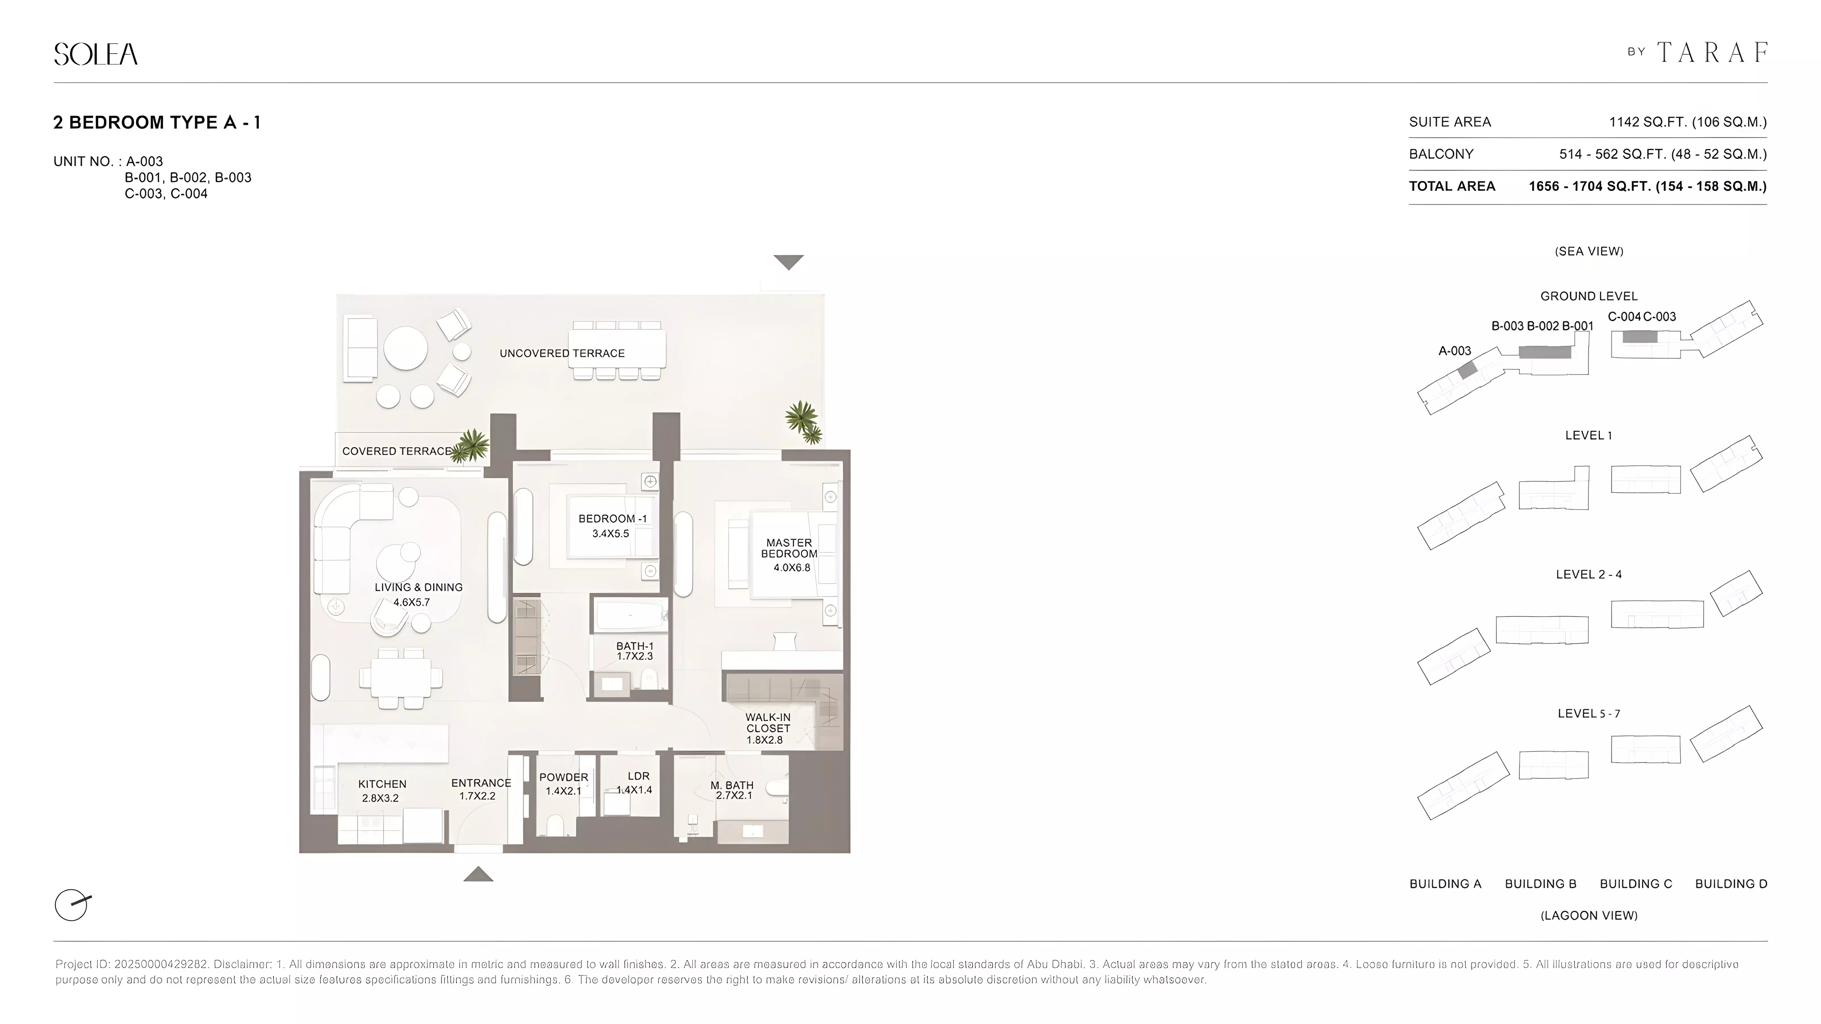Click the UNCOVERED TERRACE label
pyautogui.click(x=562, y=353)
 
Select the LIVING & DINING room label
pyautogui.click(x=419, y=587)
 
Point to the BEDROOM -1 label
pyautogui.click(x=612, y=519)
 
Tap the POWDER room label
pyautogui.click(x=563, y=777)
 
